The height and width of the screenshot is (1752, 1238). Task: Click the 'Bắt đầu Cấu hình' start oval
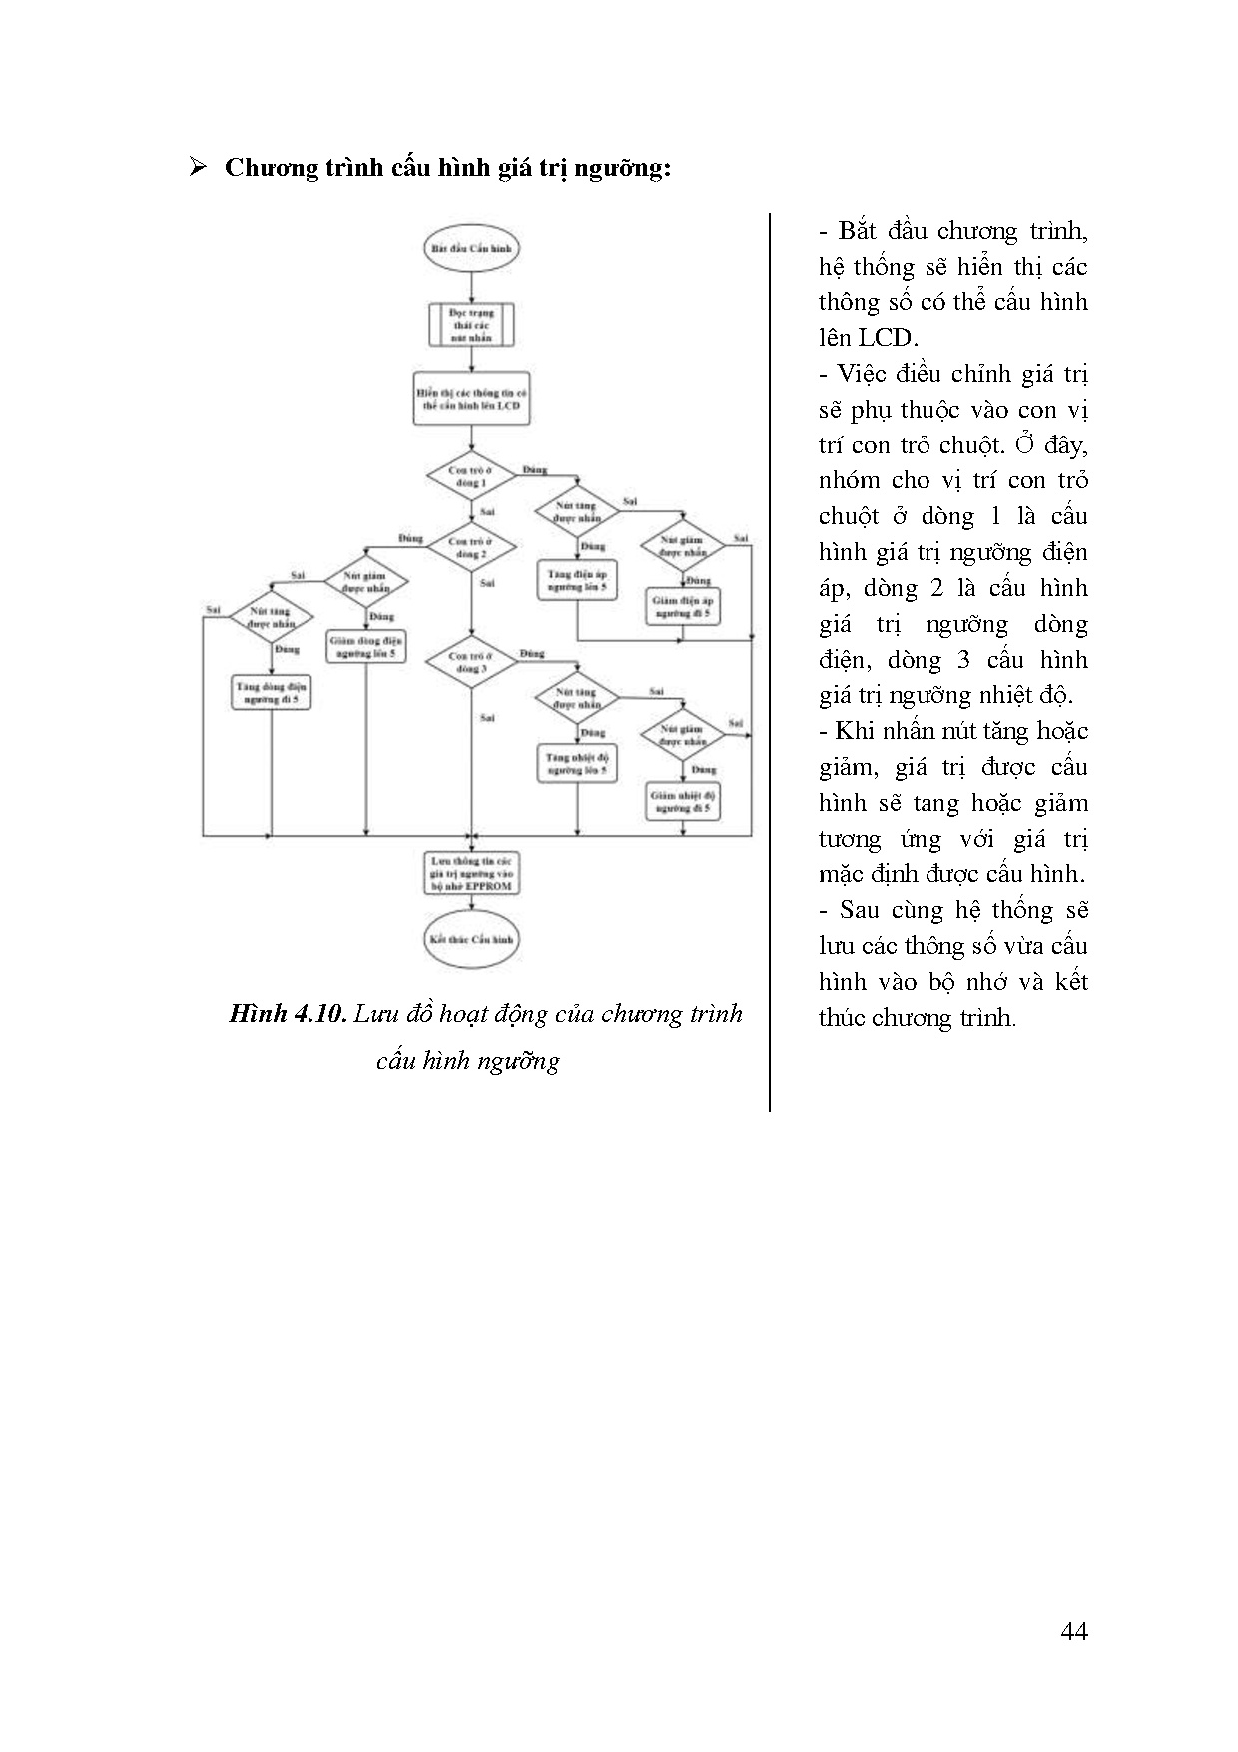471,248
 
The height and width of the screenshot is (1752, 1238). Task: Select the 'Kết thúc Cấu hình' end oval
471,940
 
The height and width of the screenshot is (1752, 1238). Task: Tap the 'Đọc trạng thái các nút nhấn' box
471,325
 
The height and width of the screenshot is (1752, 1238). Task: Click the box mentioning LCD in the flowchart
471,399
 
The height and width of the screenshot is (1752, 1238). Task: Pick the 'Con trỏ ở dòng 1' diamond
471,476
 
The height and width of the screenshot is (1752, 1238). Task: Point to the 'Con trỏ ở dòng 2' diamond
471,547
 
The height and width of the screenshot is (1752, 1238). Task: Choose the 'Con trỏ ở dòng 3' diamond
471,663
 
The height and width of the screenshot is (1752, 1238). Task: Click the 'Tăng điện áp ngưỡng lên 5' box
577,582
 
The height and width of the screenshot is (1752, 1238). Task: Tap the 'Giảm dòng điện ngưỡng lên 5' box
366,646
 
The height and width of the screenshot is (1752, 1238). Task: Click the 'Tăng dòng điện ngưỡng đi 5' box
272,693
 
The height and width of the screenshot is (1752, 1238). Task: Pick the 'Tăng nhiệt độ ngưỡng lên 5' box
577,764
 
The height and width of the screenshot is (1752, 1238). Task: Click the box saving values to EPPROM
471,873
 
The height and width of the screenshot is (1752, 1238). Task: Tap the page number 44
1074,1631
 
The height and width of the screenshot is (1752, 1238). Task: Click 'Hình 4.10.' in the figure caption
288,1014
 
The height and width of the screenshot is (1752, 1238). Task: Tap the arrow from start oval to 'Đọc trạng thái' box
471,287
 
